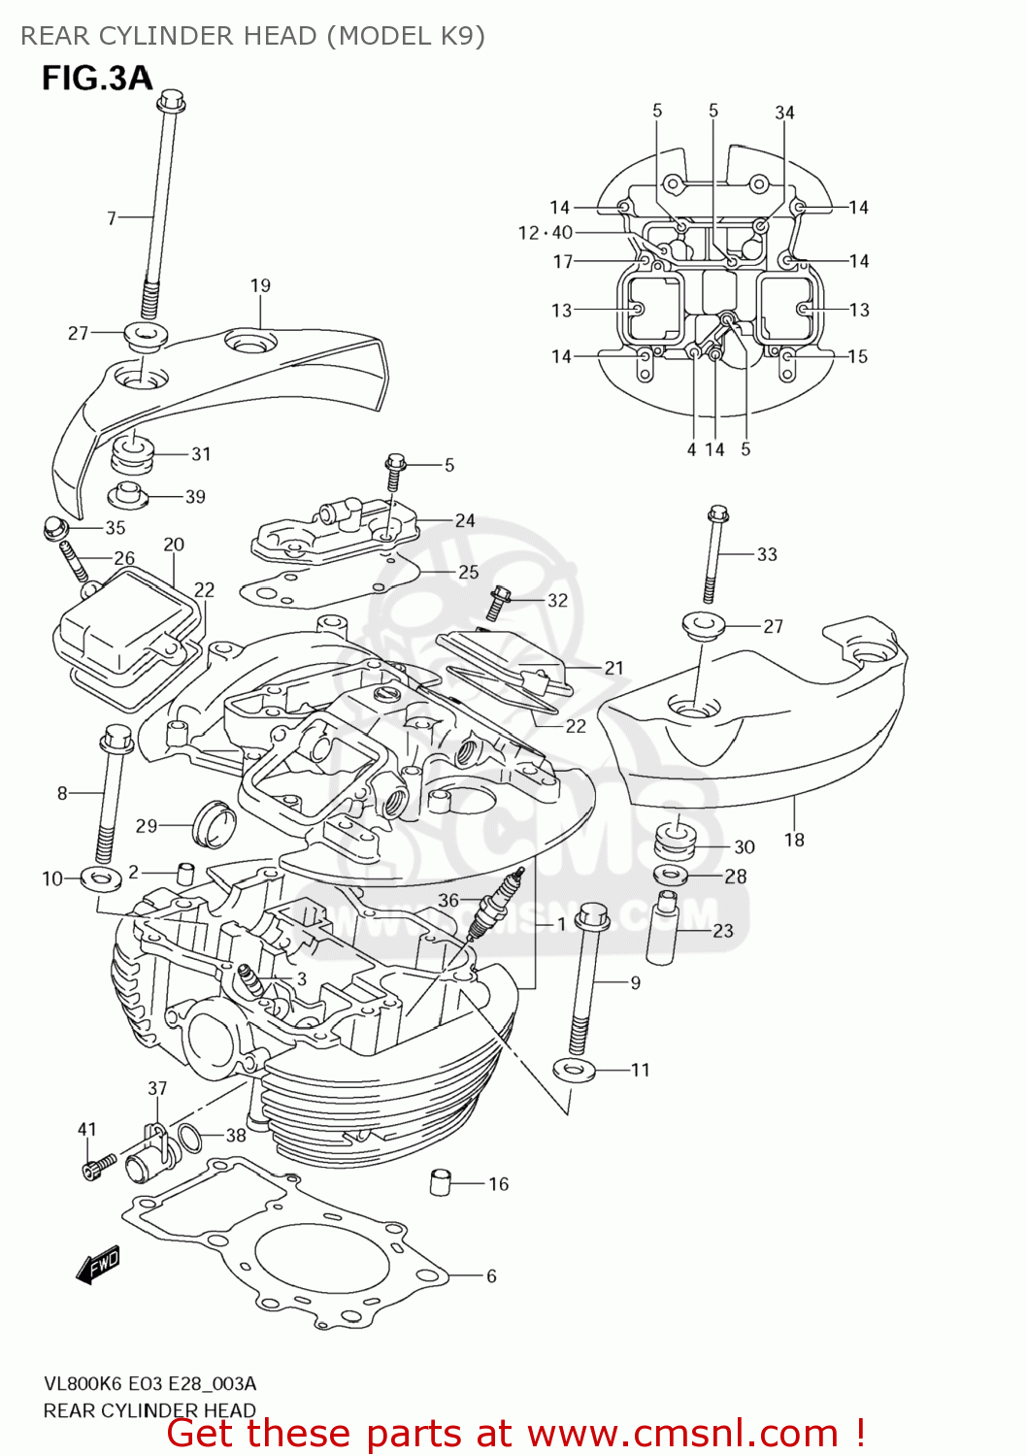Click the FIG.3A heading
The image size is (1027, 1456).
click(x=97, y=78)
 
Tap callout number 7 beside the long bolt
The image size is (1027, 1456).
click(x=112, y=218)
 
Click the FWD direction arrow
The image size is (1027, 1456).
click(x=99, y=1264)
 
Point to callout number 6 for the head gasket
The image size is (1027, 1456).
click(x=491, y=1275)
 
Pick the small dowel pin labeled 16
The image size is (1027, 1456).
click(x=441, y=1182)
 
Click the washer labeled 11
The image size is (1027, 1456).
click(x=573, y=1070)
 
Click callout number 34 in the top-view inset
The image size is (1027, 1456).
click(x=784, y=113)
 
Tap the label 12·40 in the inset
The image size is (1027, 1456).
click(x=546, y=232)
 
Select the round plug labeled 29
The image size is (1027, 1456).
click(x=214, y=823)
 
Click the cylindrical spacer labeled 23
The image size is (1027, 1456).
click(x=667, y=927)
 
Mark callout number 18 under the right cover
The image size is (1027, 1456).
click(x=794, y=840)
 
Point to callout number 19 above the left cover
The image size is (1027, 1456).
click(x=260, y=285)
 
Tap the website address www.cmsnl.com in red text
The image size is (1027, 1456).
click(x=682, y=1433)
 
